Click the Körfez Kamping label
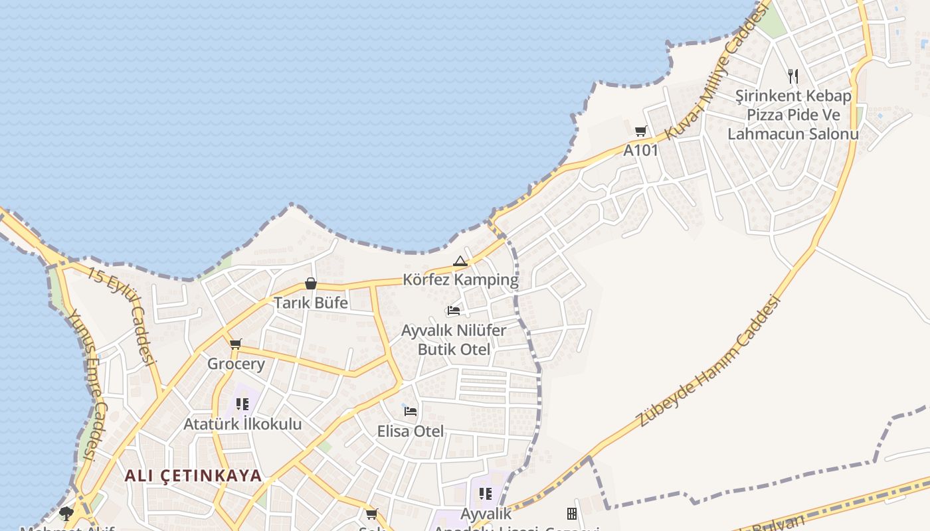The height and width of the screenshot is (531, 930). pos(460,279)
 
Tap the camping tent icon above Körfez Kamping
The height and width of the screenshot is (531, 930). pos(460,262)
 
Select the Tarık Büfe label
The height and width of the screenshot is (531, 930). pos(311,303)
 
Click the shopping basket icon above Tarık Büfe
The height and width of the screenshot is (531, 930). pos(310,283)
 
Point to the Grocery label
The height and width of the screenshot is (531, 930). pos(236,364)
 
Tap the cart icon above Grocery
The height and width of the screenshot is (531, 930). pos(235,344)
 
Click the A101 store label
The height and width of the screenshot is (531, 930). pos(640,151)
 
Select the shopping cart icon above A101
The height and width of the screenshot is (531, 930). pos(640,131)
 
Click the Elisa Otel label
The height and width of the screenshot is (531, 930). pos(411,431)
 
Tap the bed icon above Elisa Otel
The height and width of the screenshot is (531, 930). pos(411,412)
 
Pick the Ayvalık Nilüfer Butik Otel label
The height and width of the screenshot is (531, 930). pos(454,340)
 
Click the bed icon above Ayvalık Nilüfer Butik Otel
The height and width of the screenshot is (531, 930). pos(454,310)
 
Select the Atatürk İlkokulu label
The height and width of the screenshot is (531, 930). pos(242,424)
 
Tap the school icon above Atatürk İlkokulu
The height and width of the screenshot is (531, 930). pos(242,404)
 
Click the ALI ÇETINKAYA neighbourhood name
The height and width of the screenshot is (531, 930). pos(193,476)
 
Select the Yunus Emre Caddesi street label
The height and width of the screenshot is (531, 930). pos(84,385)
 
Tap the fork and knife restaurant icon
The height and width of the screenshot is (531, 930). pos(792,76)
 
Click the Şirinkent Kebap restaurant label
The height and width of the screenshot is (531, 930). pos(793,115)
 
